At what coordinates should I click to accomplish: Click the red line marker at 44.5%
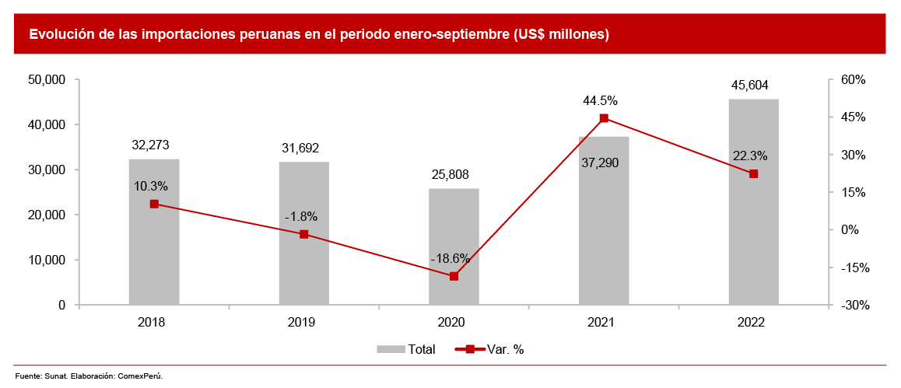pyautogui.click(x=604, y=118)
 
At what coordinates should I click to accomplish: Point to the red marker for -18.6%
pyautogui.click(x=454, y=276)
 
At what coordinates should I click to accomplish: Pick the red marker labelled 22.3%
pyautogui.click(x=753, y=174)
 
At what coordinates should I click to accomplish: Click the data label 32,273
pyautogui.click(x=151, y=145)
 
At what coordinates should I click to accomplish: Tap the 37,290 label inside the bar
pyautogui.click(x=603, y=163)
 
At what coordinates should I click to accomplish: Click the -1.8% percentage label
pyautogui.click(x=301, y=216)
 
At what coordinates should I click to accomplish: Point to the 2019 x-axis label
pyautogui.click(x=302, y=322)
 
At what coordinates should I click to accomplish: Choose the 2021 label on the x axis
pyautogui.click(x=601, y=322)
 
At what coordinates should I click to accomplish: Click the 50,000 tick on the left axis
pyautogui.click(x=46, y=79)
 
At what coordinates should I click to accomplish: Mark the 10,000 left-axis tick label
pyautogui.click(x=46, y=260)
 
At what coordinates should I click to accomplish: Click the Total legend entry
pyautogui.click(x=406, y=350)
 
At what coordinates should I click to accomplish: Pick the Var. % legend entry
pyautogui.click(x=495, y=350)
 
